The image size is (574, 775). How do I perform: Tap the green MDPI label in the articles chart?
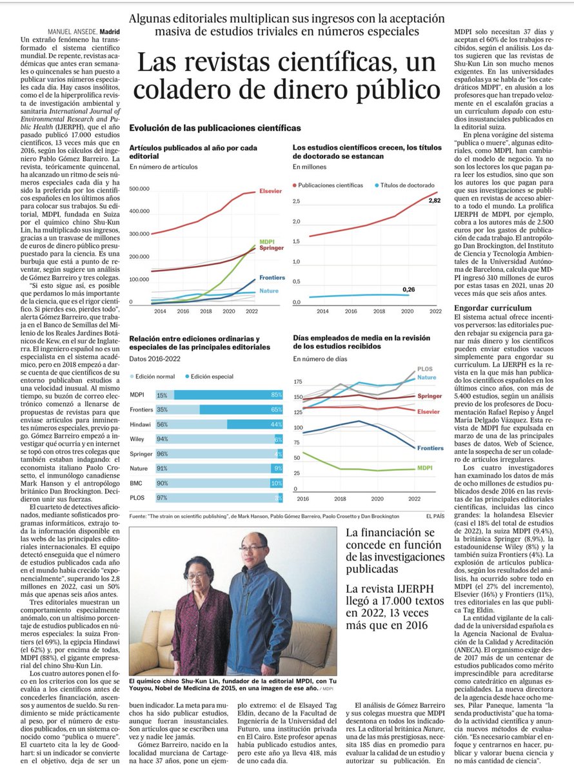coord(265,241)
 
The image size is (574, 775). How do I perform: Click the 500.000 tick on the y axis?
coord(140,189)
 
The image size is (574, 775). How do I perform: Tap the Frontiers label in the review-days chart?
coord(430,448)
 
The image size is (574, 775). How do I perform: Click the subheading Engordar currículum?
coord(483,307)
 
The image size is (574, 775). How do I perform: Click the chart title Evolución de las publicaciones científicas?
coord(215,129)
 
